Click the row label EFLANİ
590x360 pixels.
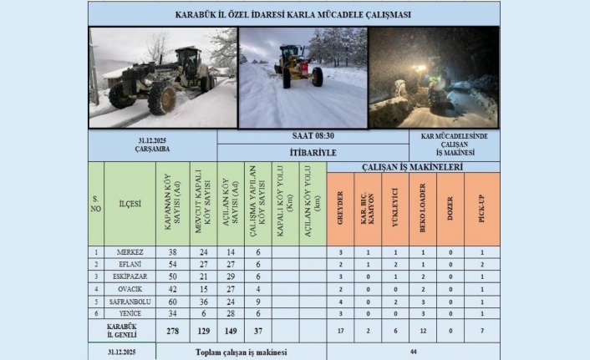[x=130, y=263]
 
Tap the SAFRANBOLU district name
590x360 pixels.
[x=130, y=302]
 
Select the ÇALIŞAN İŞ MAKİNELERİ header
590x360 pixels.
[x=413, y=167]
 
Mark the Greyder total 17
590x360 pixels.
[x=341, y=331]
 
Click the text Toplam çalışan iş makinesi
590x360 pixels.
[x=241, y=352]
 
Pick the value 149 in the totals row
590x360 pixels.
[x=231, y=331]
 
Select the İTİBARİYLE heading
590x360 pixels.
[x=272, y=153]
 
